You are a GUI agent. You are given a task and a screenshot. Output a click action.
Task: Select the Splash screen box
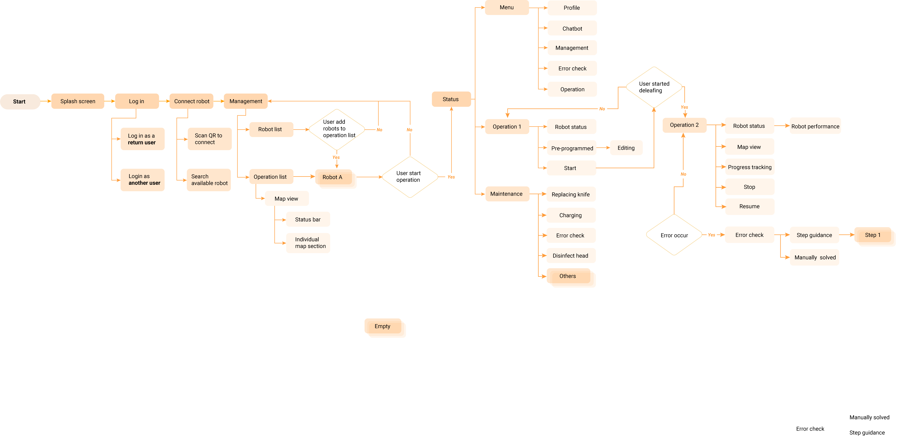pyautogui.click(x=78, y=101)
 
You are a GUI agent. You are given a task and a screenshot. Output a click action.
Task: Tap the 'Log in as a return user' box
pyautogui.click(x=142, y=139)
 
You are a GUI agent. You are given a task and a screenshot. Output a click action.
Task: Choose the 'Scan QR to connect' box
pyautogui.click(x=209, y=139)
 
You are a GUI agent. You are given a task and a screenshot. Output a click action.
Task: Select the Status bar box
pyautogui.click(x=308, y=219)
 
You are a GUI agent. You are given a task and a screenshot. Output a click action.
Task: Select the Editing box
pyautogui.click(x=626, y=148)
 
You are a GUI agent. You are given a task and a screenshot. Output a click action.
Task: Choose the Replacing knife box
pyautogui.click(x=571, y=194)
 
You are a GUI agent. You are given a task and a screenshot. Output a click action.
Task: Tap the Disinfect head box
pyautogui.click(x=571, y=255)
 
